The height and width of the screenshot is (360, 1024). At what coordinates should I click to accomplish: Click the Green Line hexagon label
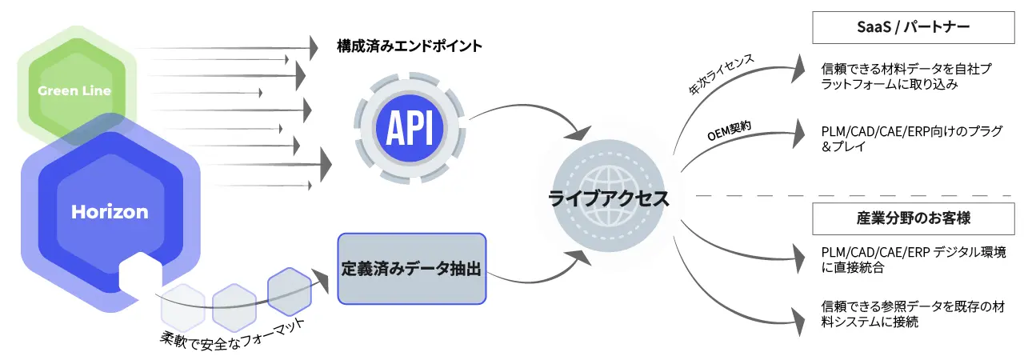point(74,91)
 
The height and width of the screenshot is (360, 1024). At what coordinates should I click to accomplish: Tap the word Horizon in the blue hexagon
point(110,212)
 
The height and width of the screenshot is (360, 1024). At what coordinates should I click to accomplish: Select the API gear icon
point(410,123)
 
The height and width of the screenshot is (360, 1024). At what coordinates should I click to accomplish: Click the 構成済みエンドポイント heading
point(409,46)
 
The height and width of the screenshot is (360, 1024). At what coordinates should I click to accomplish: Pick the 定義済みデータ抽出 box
point(411,269)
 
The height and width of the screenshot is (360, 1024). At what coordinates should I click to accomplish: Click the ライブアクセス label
point(610,199)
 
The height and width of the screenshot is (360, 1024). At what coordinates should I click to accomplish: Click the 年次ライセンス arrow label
point(722,75)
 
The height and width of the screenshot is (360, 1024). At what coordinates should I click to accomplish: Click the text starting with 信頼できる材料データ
point(906,77)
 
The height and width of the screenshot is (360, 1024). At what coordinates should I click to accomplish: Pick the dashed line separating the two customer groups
point(856,195)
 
